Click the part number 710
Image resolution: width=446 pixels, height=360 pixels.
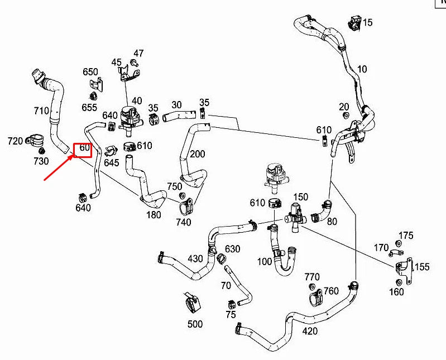point(42,111)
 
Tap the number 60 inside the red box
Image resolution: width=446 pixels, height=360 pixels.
point(84,148)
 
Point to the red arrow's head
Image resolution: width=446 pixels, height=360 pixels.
point(73,156)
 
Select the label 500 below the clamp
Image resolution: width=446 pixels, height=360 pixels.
point(195,324)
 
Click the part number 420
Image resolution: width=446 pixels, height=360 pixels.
point(310,331)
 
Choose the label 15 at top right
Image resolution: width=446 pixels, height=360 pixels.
point(367,23)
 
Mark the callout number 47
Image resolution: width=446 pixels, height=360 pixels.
point(138,54)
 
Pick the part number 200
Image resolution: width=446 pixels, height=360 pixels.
point(198,154)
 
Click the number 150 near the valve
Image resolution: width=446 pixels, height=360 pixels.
point(301,197)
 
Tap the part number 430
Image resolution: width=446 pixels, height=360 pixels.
point(195,258)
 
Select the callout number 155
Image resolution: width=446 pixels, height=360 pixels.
point(422,267)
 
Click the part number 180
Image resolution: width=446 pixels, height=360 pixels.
point(154,214)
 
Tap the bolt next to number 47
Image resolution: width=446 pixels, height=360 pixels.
point(135,63)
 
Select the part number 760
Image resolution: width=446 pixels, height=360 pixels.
point(331,290)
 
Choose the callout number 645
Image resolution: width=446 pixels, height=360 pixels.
point(112,163)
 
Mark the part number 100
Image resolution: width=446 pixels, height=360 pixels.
point(265,262)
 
